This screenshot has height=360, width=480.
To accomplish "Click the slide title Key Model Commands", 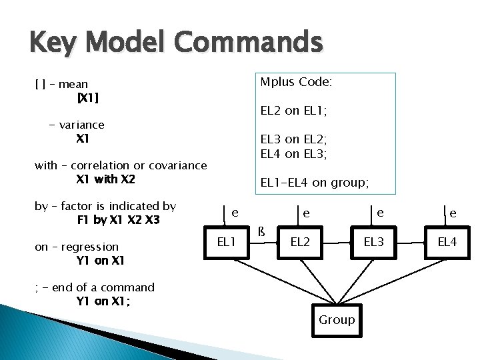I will click(x=176, y=43).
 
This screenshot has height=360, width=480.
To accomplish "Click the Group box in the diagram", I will click(x=337, y=320).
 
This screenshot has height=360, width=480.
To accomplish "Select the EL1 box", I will click(x=227, y=241).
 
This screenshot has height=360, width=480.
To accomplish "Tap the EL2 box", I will click(x=300, y=241).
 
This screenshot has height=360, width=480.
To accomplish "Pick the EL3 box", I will click(x=373, y=241).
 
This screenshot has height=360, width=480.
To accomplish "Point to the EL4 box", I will click(x=447, y=241).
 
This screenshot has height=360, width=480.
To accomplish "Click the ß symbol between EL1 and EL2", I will click(x=262, y=232).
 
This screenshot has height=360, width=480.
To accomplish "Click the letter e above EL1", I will click(x=235, y=213).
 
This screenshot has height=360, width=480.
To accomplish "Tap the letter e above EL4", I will click(x=453, y=213).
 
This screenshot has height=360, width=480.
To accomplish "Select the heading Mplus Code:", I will click(x=296, y=82).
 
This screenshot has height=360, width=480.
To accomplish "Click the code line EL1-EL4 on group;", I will click(x=315, y=181).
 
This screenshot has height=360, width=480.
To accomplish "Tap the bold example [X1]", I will click(x=88, y=98).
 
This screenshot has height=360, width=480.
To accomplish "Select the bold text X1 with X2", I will click(x=105, y=179).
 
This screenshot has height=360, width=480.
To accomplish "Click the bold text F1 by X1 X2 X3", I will click(x=118, y=220).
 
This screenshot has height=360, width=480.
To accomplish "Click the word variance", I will click(x=81, y=125).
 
